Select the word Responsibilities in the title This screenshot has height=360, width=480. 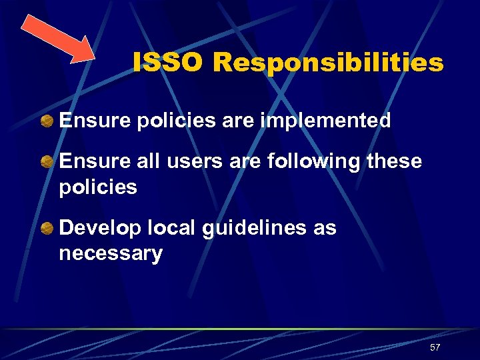328,63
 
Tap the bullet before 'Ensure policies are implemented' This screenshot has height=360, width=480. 47,121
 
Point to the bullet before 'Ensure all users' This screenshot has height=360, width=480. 47,162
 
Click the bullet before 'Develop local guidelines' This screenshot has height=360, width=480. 47,228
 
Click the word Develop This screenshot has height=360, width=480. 98,229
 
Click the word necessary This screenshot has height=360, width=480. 111,255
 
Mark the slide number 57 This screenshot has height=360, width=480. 435,348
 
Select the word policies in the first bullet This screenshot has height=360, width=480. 171,121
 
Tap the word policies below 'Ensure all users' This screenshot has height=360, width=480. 98,188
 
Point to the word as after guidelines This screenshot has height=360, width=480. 325,229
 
